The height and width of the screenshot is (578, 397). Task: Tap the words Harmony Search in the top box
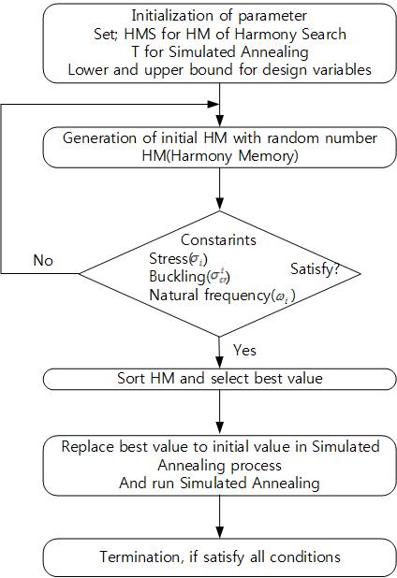(290, 34)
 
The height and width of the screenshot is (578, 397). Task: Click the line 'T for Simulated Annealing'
(220, 51)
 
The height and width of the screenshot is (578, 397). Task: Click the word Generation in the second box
(99, 137)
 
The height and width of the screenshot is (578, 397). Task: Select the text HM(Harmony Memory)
(220, 155)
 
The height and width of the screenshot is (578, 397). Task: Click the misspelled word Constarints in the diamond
(218, 240)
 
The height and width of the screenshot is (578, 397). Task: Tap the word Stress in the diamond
(169, 258)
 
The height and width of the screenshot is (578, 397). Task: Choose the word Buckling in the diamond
(177, 276)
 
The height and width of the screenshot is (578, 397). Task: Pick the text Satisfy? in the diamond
(315, 268)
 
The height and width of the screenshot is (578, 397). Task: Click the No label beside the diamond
(43, 260)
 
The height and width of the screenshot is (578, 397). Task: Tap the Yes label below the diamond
(244, 350)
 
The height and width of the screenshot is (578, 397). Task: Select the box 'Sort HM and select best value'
(219, 379)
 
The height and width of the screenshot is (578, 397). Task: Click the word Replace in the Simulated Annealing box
(87, 446)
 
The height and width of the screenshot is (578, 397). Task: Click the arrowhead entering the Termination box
(219, 532)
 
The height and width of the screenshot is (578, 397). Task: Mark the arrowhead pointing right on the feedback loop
(213, 105)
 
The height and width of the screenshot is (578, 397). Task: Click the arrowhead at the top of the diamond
(219, 204)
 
